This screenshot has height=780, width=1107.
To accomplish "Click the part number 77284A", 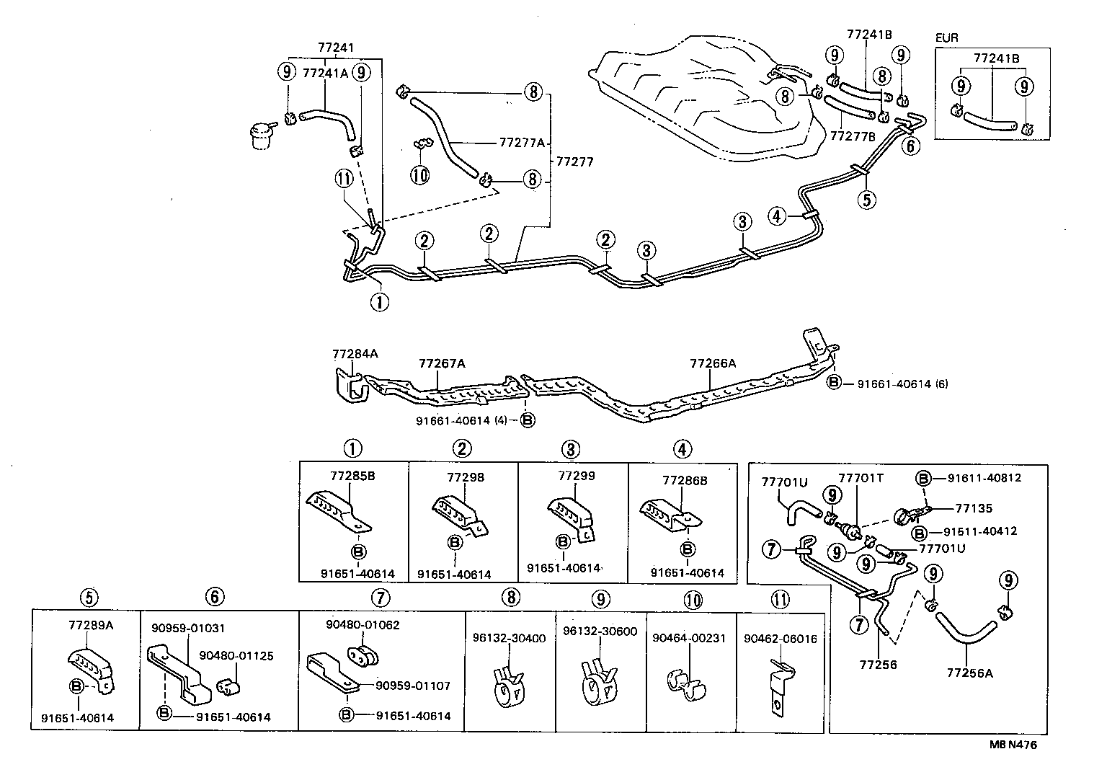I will (355, 354).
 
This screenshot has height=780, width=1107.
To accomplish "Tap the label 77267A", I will (442, 363).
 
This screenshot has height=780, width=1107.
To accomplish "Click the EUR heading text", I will (947, 37).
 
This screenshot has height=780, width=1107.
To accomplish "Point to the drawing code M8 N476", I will (1013, 745).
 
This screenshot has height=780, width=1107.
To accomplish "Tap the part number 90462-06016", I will (781, 638).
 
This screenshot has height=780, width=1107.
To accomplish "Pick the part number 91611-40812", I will (984, 477).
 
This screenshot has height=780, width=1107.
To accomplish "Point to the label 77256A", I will (969, 673).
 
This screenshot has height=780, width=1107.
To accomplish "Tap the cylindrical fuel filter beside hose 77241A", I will (261, 134).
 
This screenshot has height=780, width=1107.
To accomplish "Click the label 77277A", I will (521, 143).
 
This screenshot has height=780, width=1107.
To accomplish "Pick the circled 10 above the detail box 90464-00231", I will (693, 598).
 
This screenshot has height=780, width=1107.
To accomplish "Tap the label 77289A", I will (91, 625).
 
